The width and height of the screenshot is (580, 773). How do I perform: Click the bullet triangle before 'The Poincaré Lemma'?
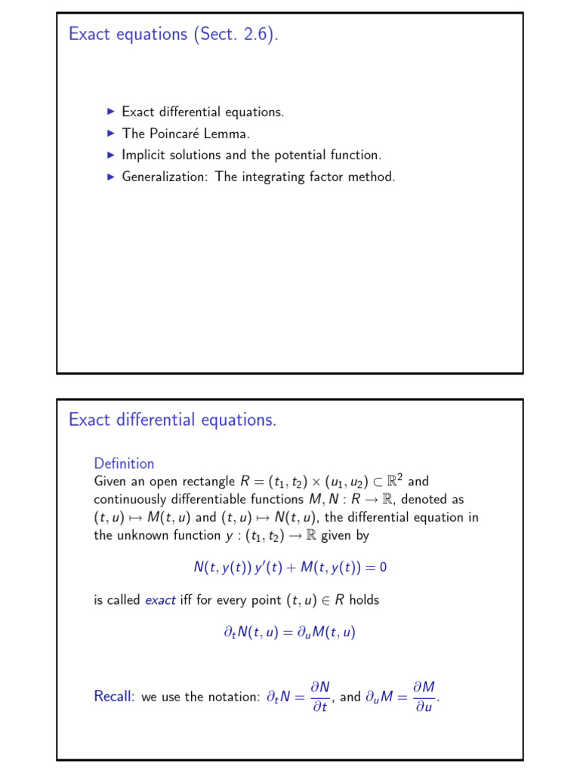point(111,133)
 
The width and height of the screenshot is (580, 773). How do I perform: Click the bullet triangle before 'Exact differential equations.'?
point(111,112)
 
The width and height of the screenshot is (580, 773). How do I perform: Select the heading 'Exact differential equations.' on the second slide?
point(172,420)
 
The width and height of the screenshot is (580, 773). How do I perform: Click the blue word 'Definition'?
point(124,463)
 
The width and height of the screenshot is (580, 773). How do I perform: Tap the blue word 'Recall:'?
point(115,697)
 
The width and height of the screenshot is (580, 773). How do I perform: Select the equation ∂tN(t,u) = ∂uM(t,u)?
point(284,633)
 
